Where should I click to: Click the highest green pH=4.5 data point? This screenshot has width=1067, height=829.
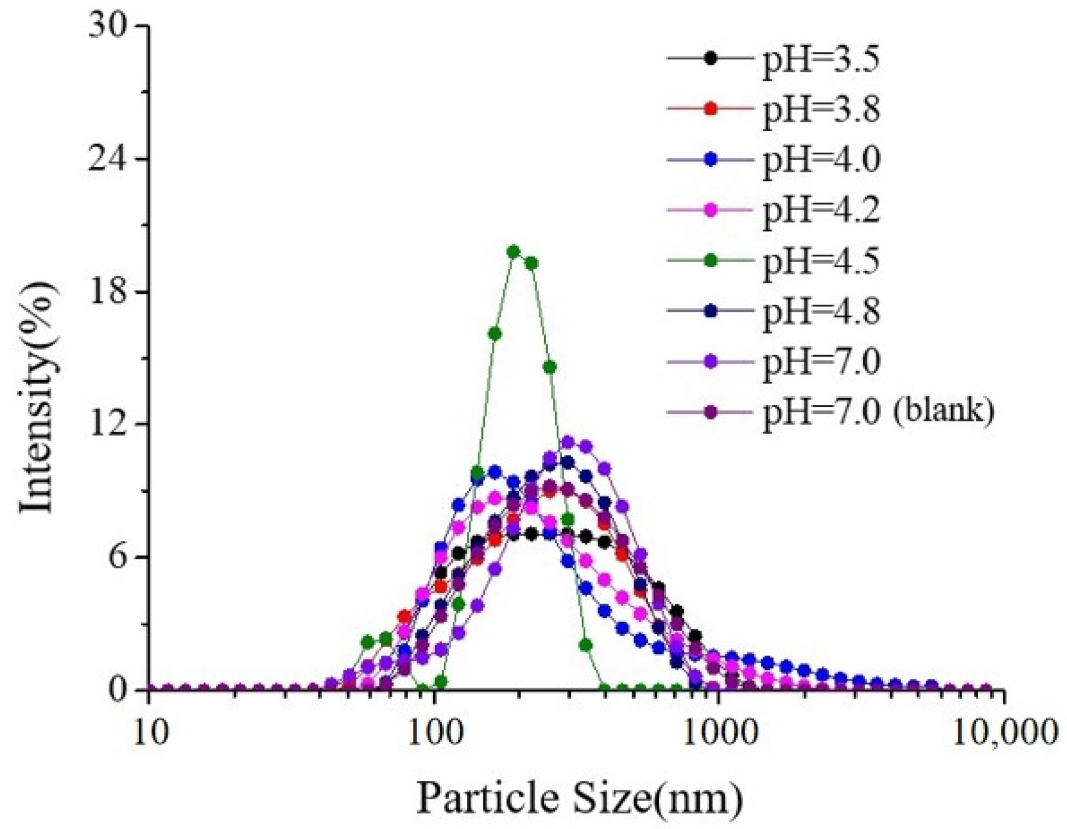[x=513, y=251]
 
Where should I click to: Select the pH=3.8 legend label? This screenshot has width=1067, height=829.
[x=820, y=109]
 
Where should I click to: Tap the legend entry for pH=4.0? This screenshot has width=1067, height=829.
[x=820, y=160]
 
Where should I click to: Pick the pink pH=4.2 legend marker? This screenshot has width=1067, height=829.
[x=711, y=210]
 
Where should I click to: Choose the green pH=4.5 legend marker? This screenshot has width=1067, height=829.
[x=711, y=261]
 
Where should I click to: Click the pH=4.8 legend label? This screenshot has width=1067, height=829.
[x=820, y=311]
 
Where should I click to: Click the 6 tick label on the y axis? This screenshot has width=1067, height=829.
[x=119, y=557]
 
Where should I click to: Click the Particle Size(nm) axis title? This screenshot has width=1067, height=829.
[x=579, y=798]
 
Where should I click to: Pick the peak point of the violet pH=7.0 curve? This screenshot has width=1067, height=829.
[x=567, y=442]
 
